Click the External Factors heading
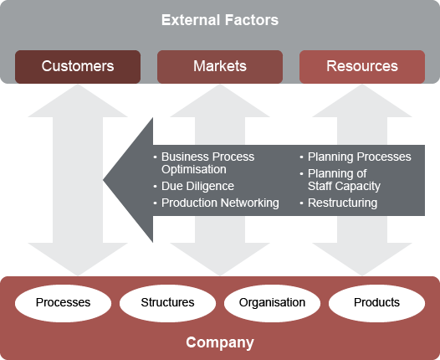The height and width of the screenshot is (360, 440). tap(220, 20)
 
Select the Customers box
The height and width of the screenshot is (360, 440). tap(78, 66)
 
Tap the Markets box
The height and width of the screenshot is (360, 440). tap(219, 66)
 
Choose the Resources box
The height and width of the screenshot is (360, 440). tap(362, 66)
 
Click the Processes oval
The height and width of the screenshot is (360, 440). tap(63, 302)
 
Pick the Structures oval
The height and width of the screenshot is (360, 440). tap(167, 302)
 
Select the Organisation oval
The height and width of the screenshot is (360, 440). tap(272, 302)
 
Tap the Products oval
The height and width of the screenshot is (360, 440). tap(376, 302)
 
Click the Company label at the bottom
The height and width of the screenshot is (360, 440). tap(220, 342)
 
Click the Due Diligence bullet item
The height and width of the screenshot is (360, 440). tap(197, 186)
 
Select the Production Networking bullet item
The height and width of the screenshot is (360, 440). tap(219, 203)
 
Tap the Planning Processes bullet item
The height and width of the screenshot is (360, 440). tap(359, 157)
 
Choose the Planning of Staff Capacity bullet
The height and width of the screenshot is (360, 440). tap(344, 179)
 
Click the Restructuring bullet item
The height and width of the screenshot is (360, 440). tap(342, 203)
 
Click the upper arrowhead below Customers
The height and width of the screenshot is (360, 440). tap(78, 99)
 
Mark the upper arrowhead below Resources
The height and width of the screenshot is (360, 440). tap(362, 99)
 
